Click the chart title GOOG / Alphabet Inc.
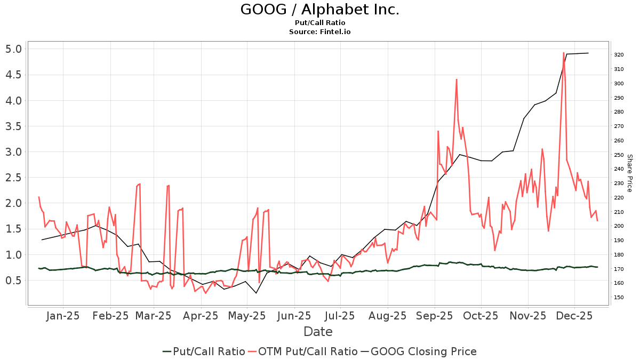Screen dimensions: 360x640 point(319,10)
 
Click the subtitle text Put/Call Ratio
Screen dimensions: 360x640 point(319,23)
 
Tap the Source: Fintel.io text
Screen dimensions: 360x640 point(319,32)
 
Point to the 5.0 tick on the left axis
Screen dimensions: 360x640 point(13,49)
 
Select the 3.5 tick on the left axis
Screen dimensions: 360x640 point(13,126)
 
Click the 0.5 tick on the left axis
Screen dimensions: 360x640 point(13,281)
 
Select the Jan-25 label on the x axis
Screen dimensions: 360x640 point(63,316)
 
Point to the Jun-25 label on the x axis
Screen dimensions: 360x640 point(294,316)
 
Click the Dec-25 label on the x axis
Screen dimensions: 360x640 point(574,316)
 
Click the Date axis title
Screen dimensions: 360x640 point(318,332)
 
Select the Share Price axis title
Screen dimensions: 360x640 point(629,173)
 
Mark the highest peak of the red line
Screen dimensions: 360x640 point(564,53)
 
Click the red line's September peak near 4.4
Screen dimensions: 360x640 point(457,79)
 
